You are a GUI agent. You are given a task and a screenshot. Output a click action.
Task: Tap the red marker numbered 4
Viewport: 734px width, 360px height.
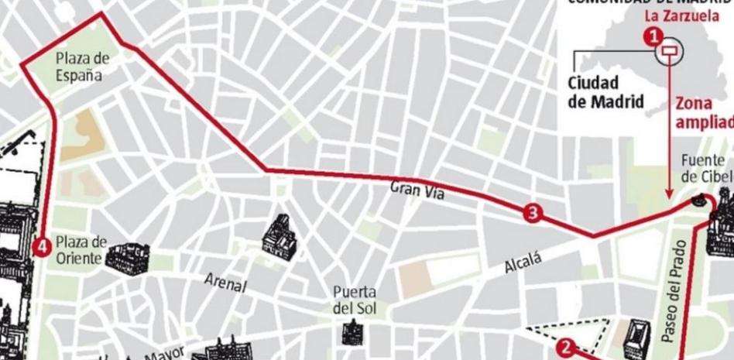(43, 246)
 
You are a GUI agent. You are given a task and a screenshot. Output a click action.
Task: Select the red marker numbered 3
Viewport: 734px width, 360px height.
(532, 212)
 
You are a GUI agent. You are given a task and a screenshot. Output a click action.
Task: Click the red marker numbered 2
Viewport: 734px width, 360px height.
(567, 348)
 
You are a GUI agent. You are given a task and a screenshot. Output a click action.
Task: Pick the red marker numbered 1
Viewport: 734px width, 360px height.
(654, 35)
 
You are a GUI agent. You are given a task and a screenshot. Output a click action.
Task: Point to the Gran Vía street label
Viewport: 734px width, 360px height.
(417, 190)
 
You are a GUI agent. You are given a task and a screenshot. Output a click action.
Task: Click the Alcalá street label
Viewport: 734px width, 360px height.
(523, 264)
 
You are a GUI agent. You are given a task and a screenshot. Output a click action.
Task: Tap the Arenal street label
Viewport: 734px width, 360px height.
(225, 283)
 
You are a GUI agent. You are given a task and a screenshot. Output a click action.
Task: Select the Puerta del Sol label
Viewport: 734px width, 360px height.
(355, 300)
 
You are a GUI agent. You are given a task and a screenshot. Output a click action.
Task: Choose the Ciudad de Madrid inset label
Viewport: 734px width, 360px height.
(605, 91)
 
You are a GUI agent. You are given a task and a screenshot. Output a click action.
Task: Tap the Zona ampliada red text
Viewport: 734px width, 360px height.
(703, 112)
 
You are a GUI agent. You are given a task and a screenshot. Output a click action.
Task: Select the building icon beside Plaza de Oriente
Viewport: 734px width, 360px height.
(127, 259)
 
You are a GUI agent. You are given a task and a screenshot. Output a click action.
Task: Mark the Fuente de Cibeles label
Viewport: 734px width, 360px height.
(705, 167)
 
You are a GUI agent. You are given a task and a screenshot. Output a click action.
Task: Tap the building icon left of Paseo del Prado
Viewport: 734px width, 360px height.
(636, 338)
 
